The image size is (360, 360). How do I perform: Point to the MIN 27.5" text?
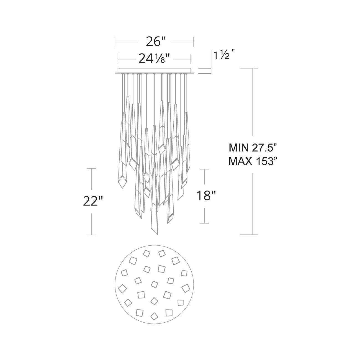[253, 148]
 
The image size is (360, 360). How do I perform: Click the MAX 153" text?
[253, 161]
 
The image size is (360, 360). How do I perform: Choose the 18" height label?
[206, 196]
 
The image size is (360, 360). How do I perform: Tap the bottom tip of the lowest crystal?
[157, 234]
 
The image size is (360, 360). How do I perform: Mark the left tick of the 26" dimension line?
[115, 42]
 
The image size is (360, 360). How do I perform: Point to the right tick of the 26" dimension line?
[193, 42]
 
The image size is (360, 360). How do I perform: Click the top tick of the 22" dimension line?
[91, 168]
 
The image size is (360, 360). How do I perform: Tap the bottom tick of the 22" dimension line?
[91, 235]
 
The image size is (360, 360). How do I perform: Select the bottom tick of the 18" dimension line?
[204, 223]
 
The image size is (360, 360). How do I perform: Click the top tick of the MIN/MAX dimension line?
[253, 68]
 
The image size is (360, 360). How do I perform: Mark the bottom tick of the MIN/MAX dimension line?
[253, 235]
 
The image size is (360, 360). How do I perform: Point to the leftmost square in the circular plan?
[121, 289]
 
